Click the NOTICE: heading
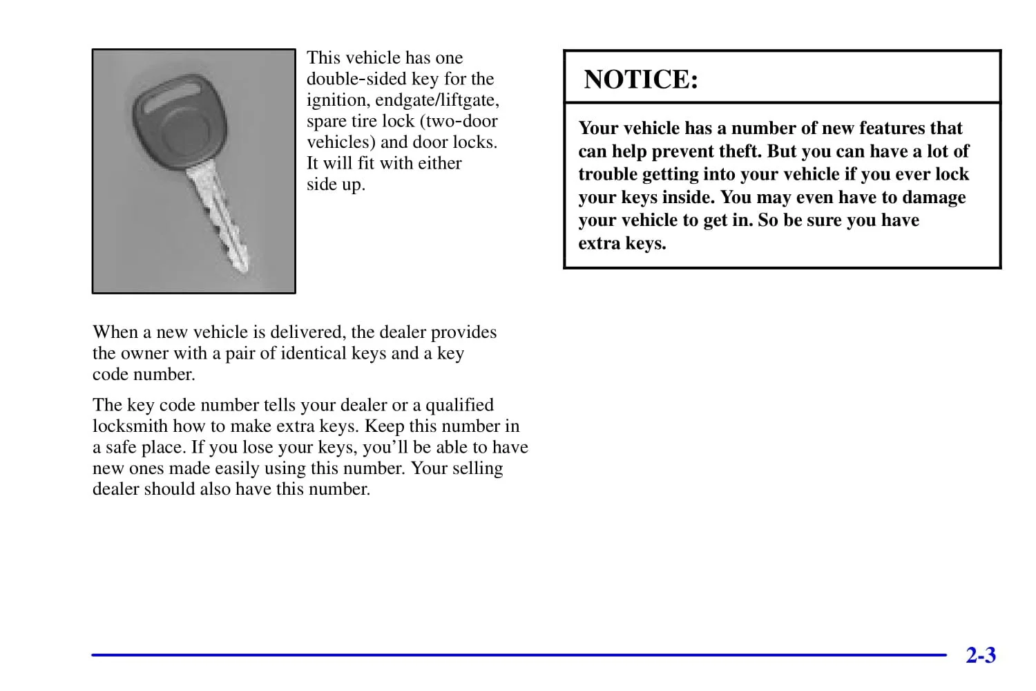click(x=641, y=79)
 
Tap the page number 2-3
click(x=981, y=655)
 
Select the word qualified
click(x=459, y=405)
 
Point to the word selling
click(x=477, y=468)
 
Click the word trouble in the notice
click(x=608, y=174)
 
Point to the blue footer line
click(x=518, y=654)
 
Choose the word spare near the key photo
click(x=327, y=122)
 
